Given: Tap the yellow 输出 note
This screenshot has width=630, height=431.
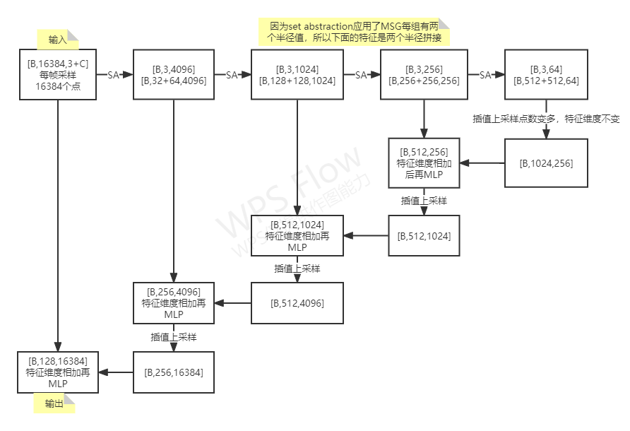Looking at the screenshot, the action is [x=54, y=403].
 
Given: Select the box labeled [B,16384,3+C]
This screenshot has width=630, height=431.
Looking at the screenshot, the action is [x=58, y=74].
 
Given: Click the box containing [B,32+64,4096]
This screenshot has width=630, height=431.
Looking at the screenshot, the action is [x=173, y=74].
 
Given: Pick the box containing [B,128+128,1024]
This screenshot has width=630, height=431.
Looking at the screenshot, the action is [x=297, y=74].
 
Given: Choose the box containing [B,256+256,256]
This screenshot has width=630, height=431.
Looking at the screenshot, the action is [x=423, y=74].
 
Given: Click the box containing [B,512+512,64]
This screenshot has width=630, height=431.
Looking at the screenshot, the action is [x=546, y=74].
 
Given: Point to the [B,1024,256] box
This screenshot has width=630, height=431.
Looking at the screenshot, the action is [x=546, y=163].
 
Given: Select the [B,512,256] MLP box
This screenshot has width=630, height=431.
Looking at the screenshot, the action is [x=423, y=163].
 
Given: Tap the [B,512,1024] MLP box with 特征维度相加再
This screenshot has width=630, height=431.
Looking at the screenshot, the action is [x=297, y=235].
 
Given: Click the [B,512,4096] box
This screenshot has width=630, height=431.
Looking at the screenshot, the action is [x=297, y=303].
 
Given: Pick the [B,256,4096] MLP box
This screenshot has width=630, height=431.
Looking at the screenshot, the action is [x=173, y=303].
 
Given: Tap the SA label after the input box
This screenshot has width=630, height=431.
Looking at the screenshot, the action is [x=113, y=75].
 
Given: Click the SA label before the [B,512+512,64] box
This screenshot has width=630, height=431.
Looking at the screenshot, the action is [x=485, y=75].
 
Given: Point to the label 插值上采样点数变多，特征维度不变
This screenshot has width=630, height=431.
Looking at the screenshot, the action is [x=546, y=119].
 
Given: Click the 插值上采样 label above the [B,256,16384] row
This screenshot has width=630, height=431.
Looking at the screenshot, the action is [x=173, y=337].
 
